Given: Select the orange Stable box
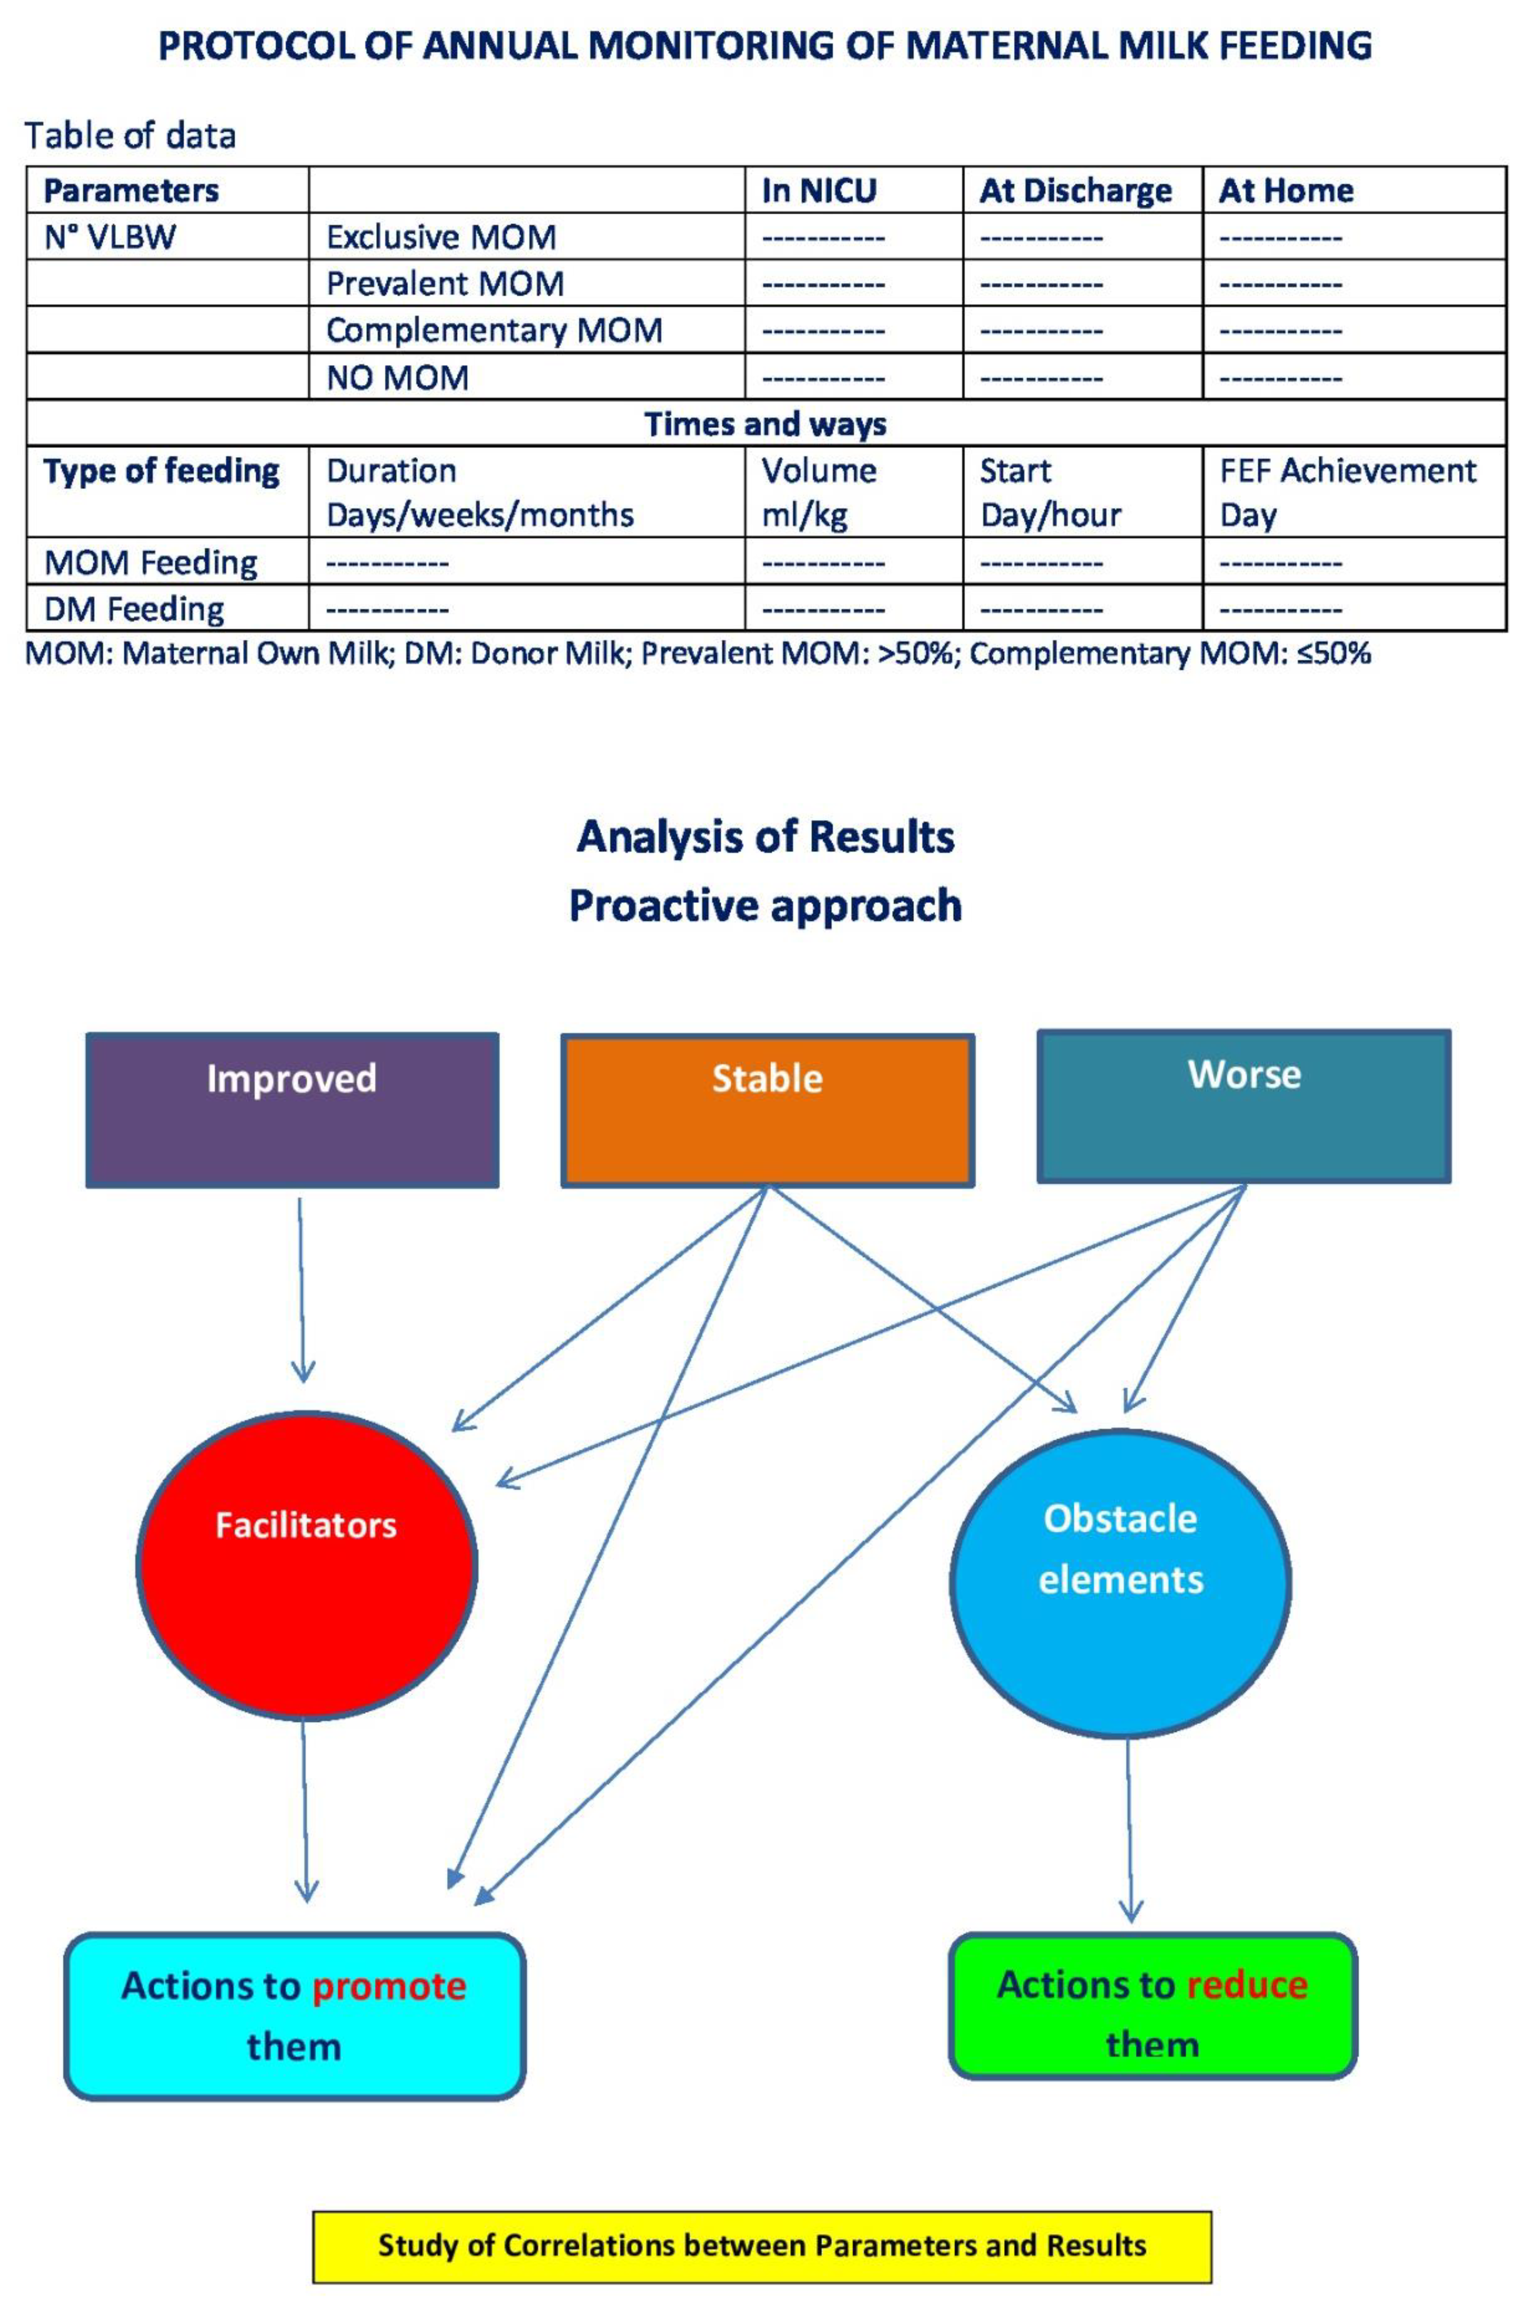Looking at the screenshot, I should tap(767, 1110).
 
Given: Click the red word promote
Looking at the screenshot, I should tap(389, 1985).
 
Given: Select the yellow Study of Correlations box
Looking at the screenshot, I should tap(761, 2245).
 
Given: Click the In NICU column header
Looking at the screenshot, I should tap(819, 190).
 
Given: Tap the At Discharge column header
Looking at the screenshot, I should tap(1075, 190).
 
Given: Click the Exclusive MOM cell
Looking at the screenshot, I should tap(441, 237).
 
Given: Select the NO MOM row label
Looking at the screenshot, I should tap(397, 377).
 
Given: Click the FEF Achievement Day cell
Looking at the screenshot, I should tap(1347, 492).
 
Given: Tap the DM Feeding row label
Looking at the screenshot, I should tap(135, 609).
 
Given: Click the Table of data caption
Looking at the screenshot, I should tap(130, 135).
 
